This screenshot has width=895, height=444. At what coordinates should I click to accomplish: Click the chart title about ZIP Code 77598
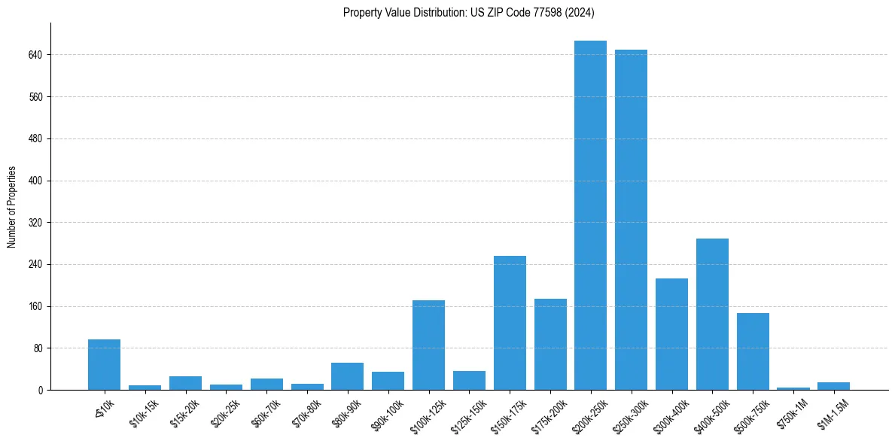469,12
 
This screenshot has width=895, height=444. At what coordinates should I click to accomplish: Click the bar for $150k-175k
510,323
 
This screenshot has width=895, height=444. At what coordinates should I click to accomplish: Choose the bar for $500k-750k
753,351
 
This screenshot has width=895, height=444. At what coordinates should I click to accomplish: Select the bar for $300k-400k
671,334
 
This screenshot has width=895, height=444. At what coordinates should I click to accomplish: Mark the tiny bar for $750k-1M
793,388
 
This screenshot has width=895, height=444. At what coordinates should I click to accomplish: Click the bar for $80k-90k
347,376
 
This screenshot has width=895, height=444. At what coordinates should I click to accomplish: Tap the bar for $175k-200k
550,344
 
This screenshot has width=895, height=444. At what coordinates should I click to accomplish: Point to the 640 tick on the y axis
36,55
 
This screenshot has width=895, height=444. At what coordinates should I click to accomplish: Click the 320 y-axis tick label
36,223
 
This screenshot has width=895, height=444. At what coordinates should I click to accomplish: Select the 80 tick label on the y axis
38,348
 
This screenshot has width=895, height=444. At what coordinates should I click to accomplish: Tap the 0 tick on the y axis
41,391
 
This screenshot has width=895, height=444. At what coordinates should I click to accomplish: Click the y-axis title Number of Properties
12,207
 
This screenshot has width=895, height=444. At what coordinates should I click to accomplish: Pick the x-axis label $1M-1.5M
832,414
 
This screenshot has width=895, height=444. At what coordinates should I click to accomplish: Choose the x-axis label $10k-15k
144,413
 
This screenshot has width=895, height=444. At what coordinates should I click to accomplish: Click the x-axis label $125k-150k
467,415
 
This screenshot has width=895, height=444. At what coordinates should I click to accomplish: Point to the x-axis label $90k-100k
386,415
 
